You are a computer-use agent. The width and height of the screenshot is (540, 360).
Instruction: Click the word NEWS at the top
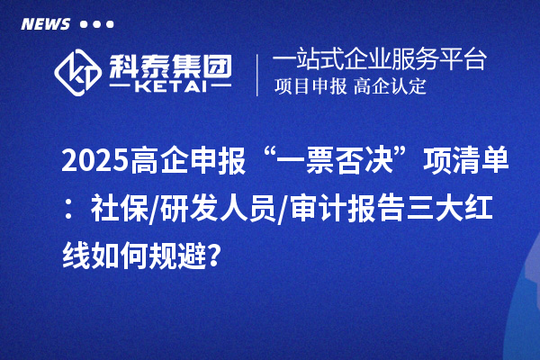[x=46, y=24]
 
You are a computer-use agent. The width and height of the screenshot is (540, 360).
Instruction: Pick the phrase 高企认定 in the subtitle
[x=390, y=87]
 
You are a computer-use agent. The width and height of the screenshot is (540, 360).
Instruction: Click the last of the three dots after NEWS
[x=110, y=24]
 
